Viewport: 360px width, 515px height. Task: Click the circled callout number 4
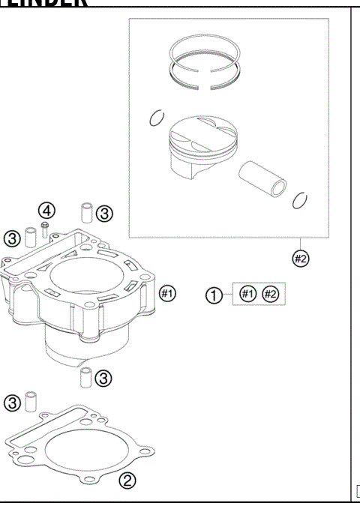47,208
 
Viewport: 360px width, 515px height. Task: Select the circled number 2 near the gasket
128,480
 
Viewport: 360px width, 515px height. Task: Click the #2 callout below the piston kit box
300,259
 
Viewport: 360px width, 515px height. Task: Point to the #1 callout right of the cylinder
168,292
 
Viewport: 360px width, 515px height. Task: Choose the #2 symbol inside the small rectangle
270,294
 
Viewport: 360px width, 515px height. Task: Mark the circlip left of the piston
157,118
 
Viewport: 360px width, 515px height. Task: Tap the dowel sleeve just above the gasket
31,402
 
